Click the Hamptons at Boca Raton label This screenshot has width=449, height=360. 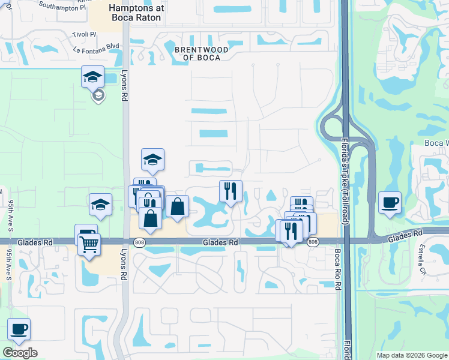[135, 13]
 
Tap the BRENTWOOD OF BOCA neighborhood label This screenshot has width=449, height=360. [201, 54]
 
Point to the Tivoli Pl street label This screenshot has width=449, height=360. [85, 34]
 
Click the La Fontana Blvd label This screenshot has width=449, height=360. [93, 50]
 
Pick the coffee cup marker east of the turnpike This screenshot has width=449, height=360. [390, 202]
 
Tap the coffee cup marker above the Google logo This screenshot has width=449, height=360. [19, 329]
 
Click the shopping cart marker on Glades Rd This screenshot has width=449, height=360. [89, 244]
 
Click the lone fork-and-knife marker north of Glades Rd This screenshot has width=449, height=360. [231, 191]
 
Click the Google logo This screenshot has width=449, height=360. [20, 353]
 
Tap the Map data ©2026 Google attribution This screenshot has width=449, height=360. [412, 355]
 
